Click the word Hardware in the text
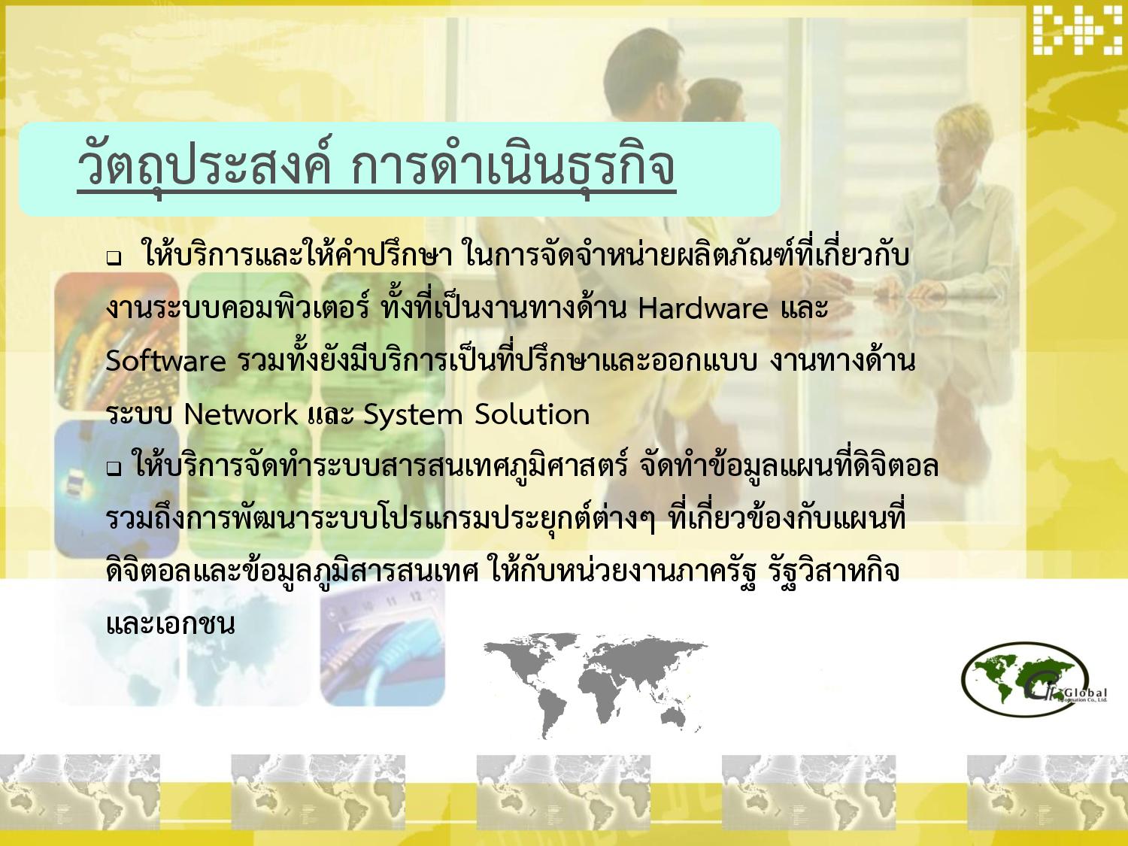tap(703, 308)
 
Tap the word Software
tap(165, 361)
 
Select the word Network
tap(241, 414)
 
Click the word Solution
tap(532, 414)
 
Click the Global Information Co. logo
tap(1033, 679)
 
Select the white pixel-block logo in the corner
tap(1077, 30)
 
